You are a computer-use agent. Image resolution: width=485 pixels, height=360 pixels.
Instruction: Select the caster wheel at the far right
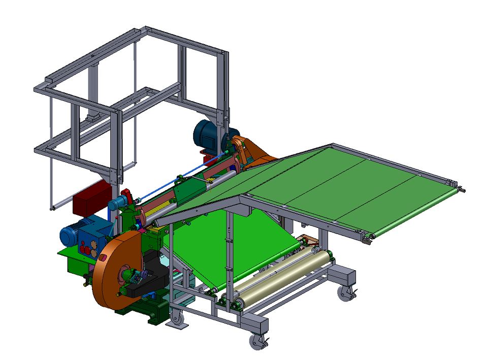(x=345, y=292)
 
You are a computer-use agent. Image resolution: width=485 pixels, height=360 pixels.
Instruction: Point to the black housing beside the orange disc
(x=150, y=277)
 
